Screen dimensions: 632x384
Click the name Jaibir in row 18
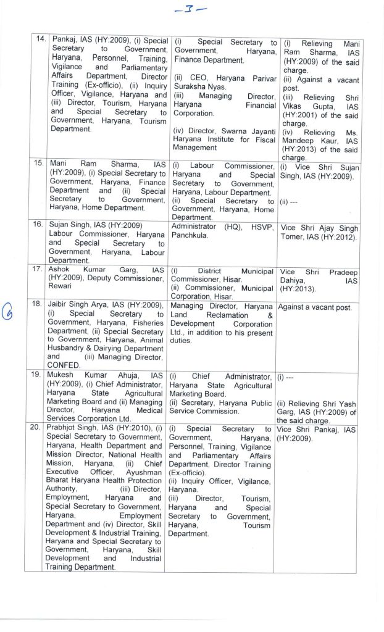(62, 305)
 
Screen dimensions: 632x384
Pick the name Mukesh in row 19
(64, 376)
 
